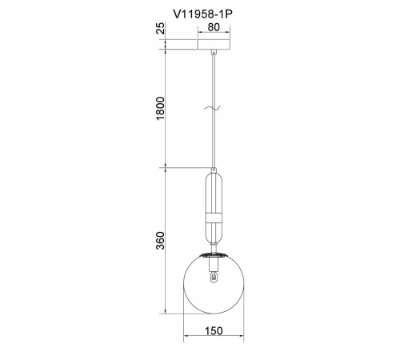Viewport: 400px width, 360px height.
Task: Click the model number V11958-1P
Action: click(202, 14)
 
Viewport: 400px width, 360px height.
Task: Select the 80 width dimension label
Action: click(214, 27)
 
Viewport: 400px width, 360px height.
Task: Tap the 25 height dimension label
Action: click(161, 28)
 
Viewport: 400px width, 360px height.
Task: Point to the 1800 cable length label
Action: click(161, 109)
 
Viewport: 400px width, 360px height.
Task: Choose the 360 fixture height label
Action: click(161, 241)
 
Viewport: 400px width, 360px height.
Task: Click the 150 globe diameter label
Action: click(214, 331)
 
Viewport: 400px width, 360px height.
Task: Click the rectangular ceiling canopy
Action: click(214, 45)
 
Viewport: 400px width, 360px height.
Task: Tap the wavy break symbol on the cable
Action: click(212, 108)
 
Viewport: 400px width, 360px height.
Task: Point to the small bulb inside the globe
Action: click(214, 277)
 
